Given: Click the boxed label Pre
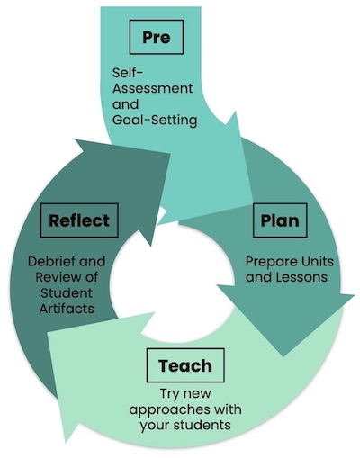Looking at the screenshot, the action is pos(157,37).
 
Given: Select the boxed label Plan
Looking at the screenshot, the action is pos(280,220).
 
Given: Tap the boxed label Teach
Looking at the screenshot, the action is pos(185,365).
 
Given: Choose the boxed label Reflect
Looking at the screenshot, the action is pos(79,220).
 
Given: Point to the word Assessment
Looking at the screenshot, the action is pos(153,88).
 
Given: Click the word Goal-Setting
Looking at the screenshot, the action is pos(155,120).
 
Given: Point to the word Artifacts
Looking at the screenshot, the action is pos(67,308).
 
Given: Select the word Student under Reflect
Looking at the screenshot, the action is pos(67,292).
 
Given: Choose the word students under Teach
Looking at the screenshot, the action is pos(202,425).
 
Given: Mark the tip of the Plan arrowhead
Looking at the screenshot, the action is pos(283,356).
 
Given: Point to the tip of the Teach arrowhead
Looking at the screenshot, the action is pos(66,443).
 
